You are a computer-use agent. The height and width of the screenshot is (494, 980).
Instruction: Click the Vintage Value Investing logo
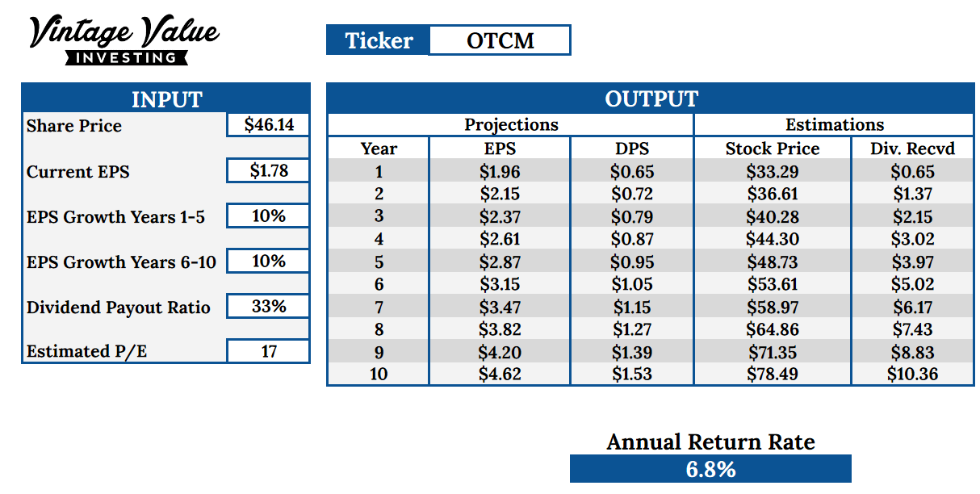click(x=124, y=40)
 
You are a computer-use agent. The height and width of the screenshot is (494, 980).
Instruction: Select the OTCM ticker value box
click(x=500, y=40)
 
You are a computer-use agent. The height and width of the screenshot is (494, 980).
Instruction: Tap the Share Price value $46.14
click(x=269, y=124)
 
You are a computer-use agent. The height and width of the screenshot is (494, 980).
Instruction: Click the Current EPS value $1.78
click(x=269, y=170)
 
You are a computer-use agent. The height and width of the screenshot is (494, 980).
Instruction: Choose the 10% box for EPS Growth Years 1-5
click(x=269, y=216)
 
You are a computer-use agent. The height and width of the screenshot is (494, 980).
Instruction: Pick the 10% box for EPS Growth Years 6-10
click(x=269, y=262)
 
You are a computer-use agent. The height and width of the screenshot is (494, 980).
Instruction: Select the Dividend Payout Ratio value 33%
click(x=269, y=306)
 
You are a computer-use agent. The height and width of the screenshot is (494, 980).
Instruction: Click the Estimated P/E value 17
click(x=269, y=351)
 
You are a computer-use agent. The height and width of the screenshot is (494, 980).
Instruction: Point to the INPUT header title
click(x=166, y=99)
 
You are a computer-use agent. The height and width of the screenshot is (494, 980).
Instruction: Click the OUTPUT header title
click(x=651, y=98)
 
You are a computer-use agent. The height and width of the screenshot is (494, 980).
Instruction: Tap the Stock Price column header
click(x=773, y=149)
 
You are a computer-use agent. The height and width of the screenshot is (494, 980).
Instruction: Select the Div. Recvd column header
click(x=912, y=149)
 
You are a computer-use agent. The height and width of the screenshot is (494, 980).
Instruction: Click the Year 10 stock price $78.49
click(x=773, y=374)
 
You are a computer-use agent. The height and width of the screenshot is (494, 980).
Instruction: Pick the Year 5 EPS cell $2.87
click(x=500, y=262)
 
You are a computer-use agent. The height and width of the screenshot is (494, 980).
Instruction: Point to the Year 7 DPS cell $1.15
click(x=632, y=307)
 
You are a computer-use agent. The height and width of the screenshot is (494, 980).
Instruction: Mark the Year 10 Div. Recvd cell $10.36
click(x=912, y=374)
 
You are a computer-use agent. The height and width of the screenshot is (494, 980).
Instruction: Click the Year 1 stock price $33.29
click(x=773, y=171)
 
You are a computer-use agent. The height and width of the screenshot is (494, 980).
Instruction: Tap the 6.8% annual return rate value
click(x=710, y=469)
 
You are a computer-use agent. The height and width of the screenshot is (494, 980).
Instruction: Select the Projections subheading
click(x=511, y=124)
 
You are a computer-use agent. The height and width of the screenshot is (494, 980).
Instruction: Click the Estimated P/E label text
click(x=86, y=351)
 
